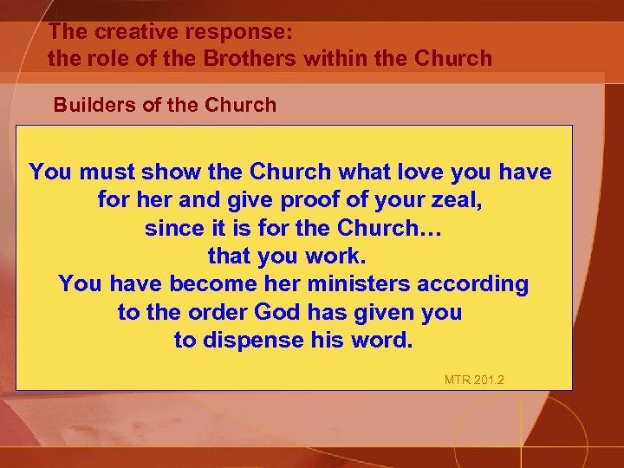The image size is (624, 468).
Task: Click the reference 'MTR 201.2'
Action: click(473, 380)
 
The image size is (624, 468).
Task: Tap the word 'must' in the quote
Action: click(110, 172)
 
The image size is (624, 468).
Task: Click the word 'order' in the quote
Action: click(217, 312)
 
